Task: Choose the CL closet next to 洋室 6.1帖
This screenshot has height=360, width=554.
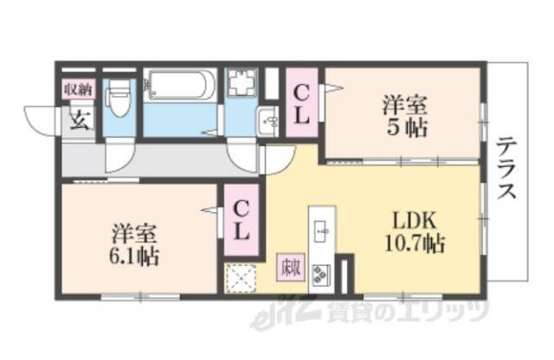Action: coord(242,220)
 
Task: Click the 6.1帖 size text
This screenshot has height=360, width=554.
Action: coord(135,255)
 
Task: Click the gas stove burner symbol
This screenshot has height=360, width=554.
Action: coord(321,273)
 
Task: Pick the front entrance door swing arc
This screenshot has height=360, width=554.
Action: coord(41,120)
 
